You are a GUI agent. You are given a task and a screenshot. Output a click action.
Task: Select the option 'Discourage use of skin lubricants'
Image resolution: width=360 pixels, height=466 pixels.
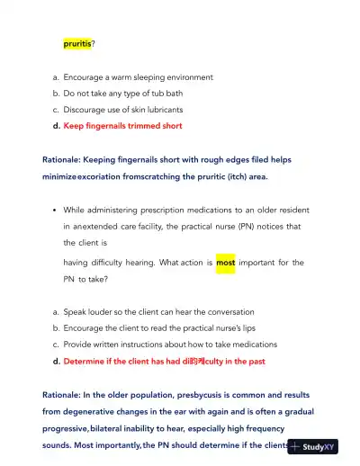click(124, 110)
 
